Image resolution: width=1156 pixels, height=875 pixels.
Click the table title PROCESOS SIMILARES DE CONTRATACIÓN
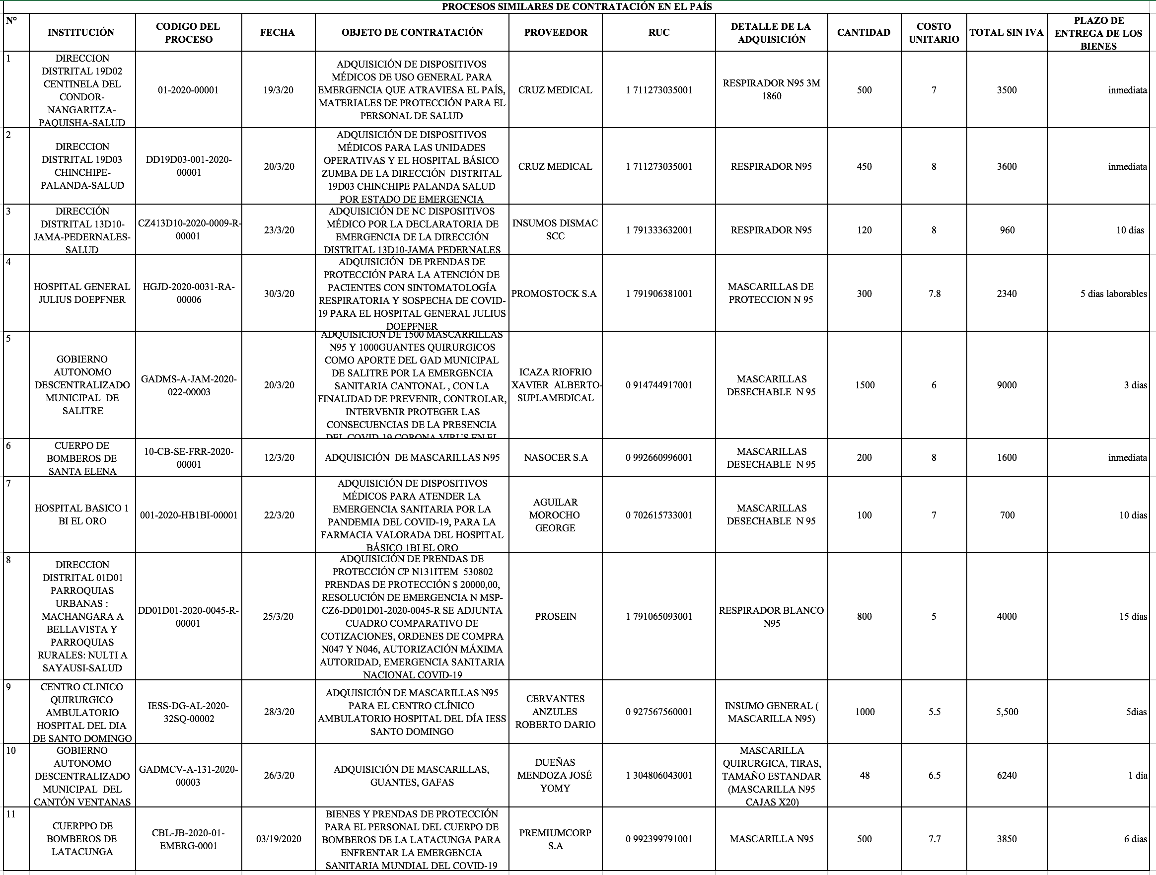[x=577, y=7]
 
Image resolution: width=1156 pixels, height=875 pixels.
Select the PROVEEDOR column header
[x=556, y=32]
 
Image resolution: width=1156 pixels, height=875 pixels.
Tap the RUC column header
[x=658, y=32]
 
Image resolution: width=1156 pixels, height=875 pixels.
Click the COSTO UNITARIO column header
[x=934, y=32]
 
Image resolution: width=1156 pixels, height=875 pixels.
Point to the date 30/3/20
[x=279, y=294]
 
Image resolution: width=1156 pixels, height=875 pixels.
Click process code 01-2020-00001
[x=188, y=90]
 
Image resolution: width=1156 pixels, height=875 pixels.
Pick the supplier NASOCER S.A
[x=556, y=457]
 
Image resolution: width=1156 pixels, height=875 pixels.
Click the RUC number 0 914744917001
[x=658, y=385]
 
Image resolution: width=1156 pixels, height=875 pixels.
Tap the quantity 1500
[x=865, y=385]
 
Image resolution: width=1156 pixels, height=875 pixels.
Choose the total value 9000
[x=1007, y=385]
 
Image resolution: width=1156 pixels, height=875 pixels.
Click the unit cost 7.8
[x=934, y=294]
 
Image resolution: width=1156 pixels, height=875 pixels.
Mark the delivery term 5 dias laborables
[x=1113, y=294]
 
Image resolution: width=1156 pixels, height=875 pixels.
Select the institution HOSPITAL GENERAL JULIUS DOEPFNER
[x=82, y=293]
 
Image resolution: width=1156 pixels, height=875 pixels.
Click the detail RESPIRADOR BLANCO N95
[x=771, y=616]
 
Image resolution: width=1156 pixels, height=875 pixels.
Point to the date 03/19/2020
[x=279, y=839]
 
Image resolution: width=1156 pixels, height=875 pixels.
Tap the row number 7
[x=9, y=484]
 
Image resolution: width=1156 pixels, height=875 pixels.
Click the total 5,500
[x=1007, y=712]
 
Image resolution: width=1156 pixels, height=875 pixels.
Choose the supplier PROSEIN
[x=556, y=616]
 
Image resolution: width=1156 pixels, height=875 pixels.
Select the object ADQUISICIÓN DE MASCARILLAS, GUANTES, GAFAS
[x=412, y=776]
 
